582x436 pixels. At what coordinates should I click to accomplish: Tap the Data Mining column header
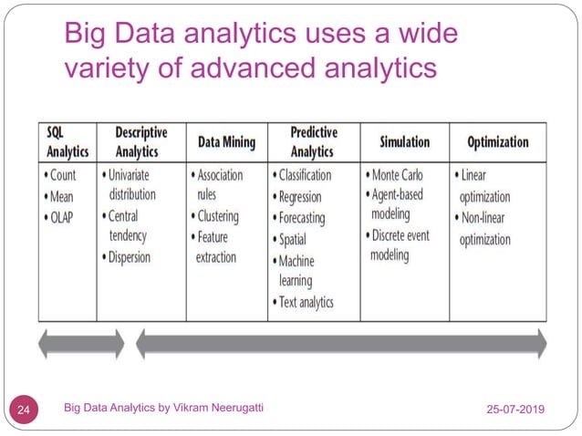226,142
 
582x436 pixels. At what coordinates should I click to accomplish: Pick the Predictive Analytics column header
313,141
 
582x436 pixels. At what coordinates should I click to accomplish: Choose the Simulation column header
404,142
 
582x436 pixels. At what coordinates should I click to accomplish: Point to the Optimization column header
497,142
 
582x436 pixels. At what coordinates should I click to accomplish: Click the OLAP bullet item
63,217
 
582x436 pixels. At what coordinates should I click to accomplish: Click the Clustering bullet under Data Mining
217,217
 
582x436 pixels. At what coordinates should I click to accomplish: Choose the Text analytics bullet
306,302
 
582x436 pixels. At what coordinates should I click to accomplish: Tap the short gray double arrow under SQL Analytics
80,343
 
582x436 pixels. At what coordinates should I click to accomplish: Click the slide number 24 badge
25,410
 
